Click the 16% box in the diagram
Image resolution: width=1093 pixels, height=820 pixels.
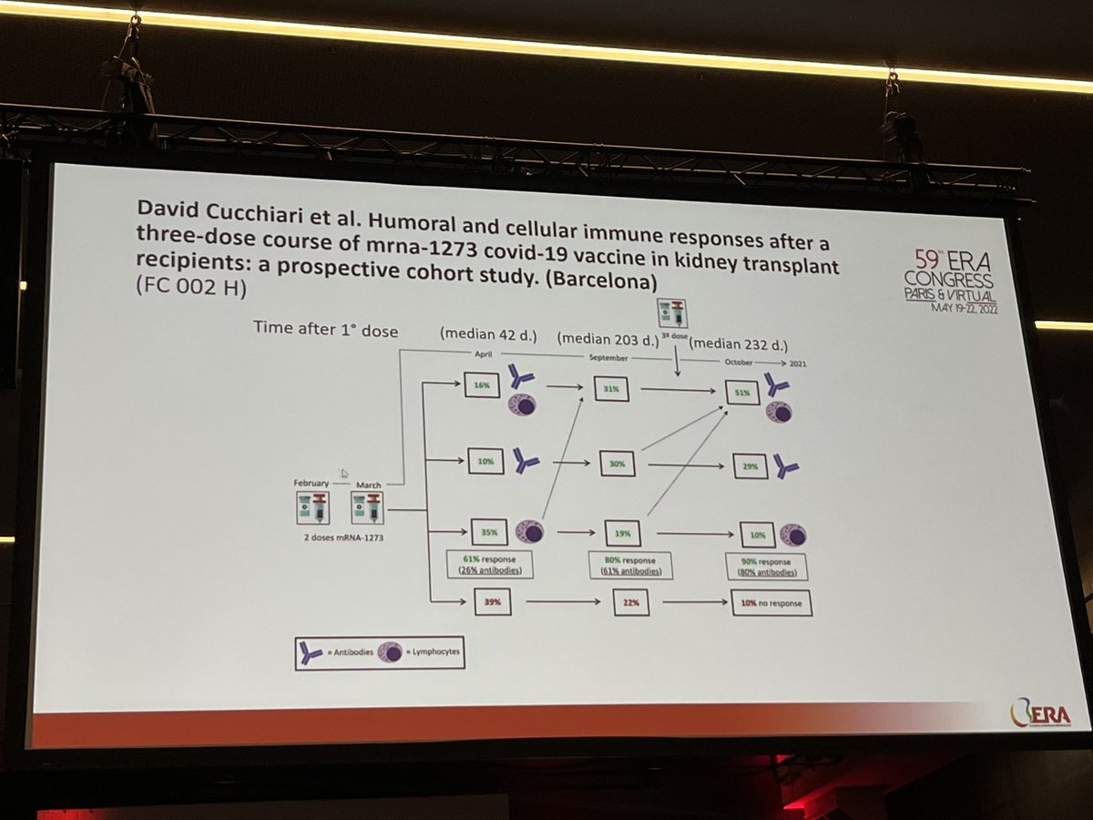coord(482,385)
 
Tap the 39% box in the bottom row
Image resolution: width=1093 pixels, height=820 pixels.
coord(493,600)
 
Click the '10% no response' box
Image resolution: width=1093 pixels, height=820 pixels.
coord(771,604)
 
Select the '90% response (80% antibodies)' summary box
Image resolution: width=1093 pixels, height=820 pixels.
coord(768,567)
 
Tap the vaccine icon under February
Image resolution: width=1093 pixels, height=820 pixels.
coord(310,507)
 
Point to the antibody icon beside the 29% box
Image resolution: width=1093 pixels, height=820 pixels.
coord(784,466)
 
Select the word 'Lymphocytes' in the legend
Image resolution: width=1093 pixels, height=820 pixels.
coord(434,653)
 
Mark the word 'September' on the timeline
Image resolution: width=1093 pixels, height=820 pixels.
coord(608,358)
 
